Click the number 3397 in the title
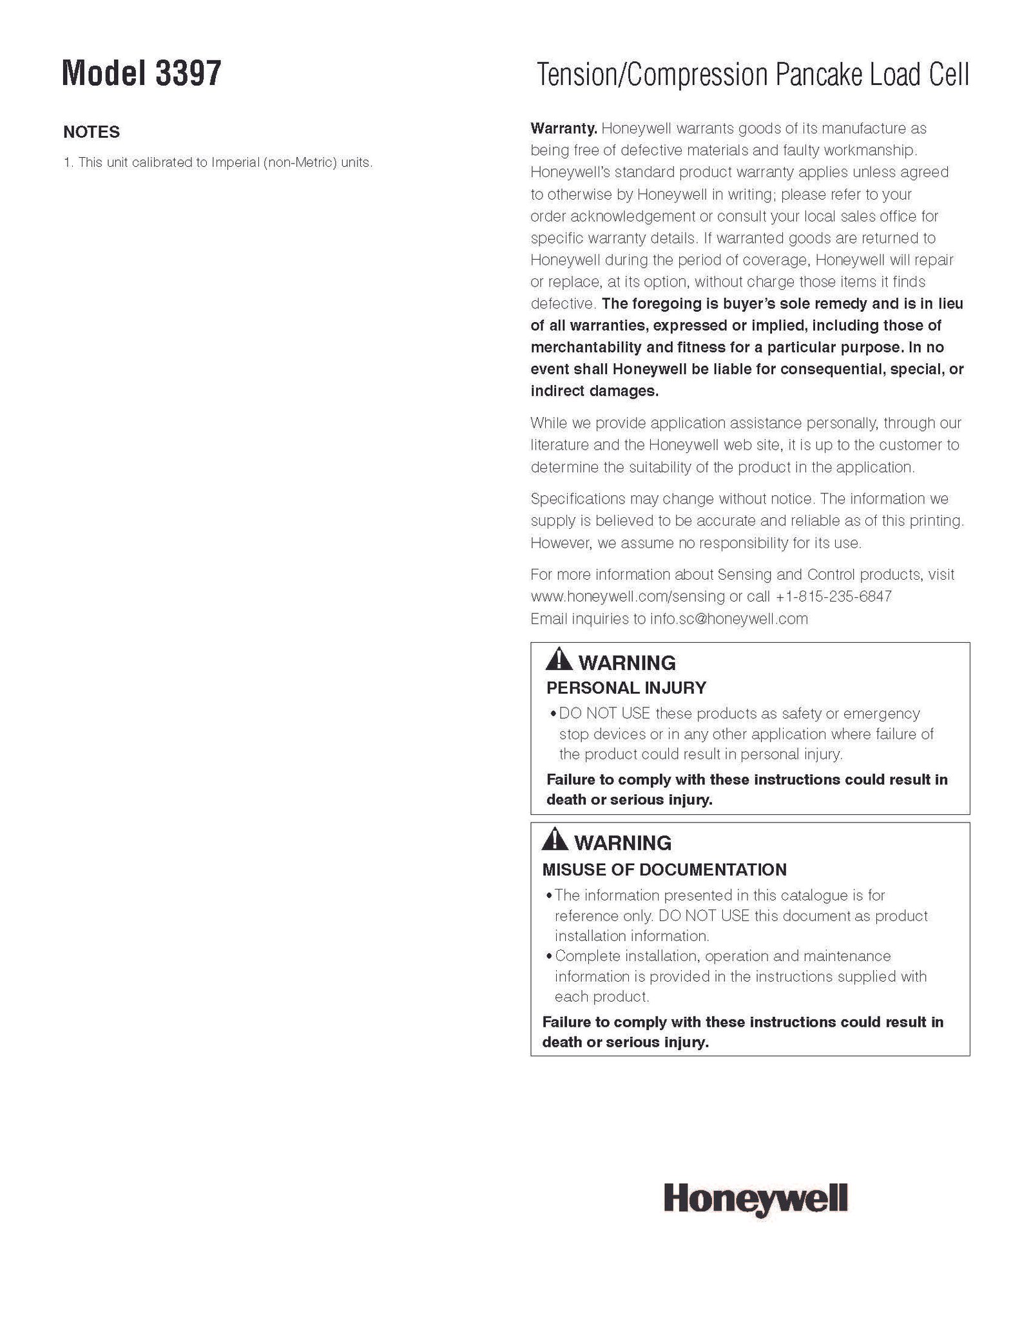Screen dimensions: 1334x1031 188,74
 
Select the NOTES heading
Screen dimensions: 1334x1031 92,132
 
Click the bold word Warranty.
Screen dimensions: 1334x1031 564,128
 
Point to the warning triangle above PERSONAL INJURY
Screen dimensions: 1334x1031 558,660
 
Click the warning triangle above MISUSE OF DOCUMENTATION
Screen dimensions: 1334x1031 555,840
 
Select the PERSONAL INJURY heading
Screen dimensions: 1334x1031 626,687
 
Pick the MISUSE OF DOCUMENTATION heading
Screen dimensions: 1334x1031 664,870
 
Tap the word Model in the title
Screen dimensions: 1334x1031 104,74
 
